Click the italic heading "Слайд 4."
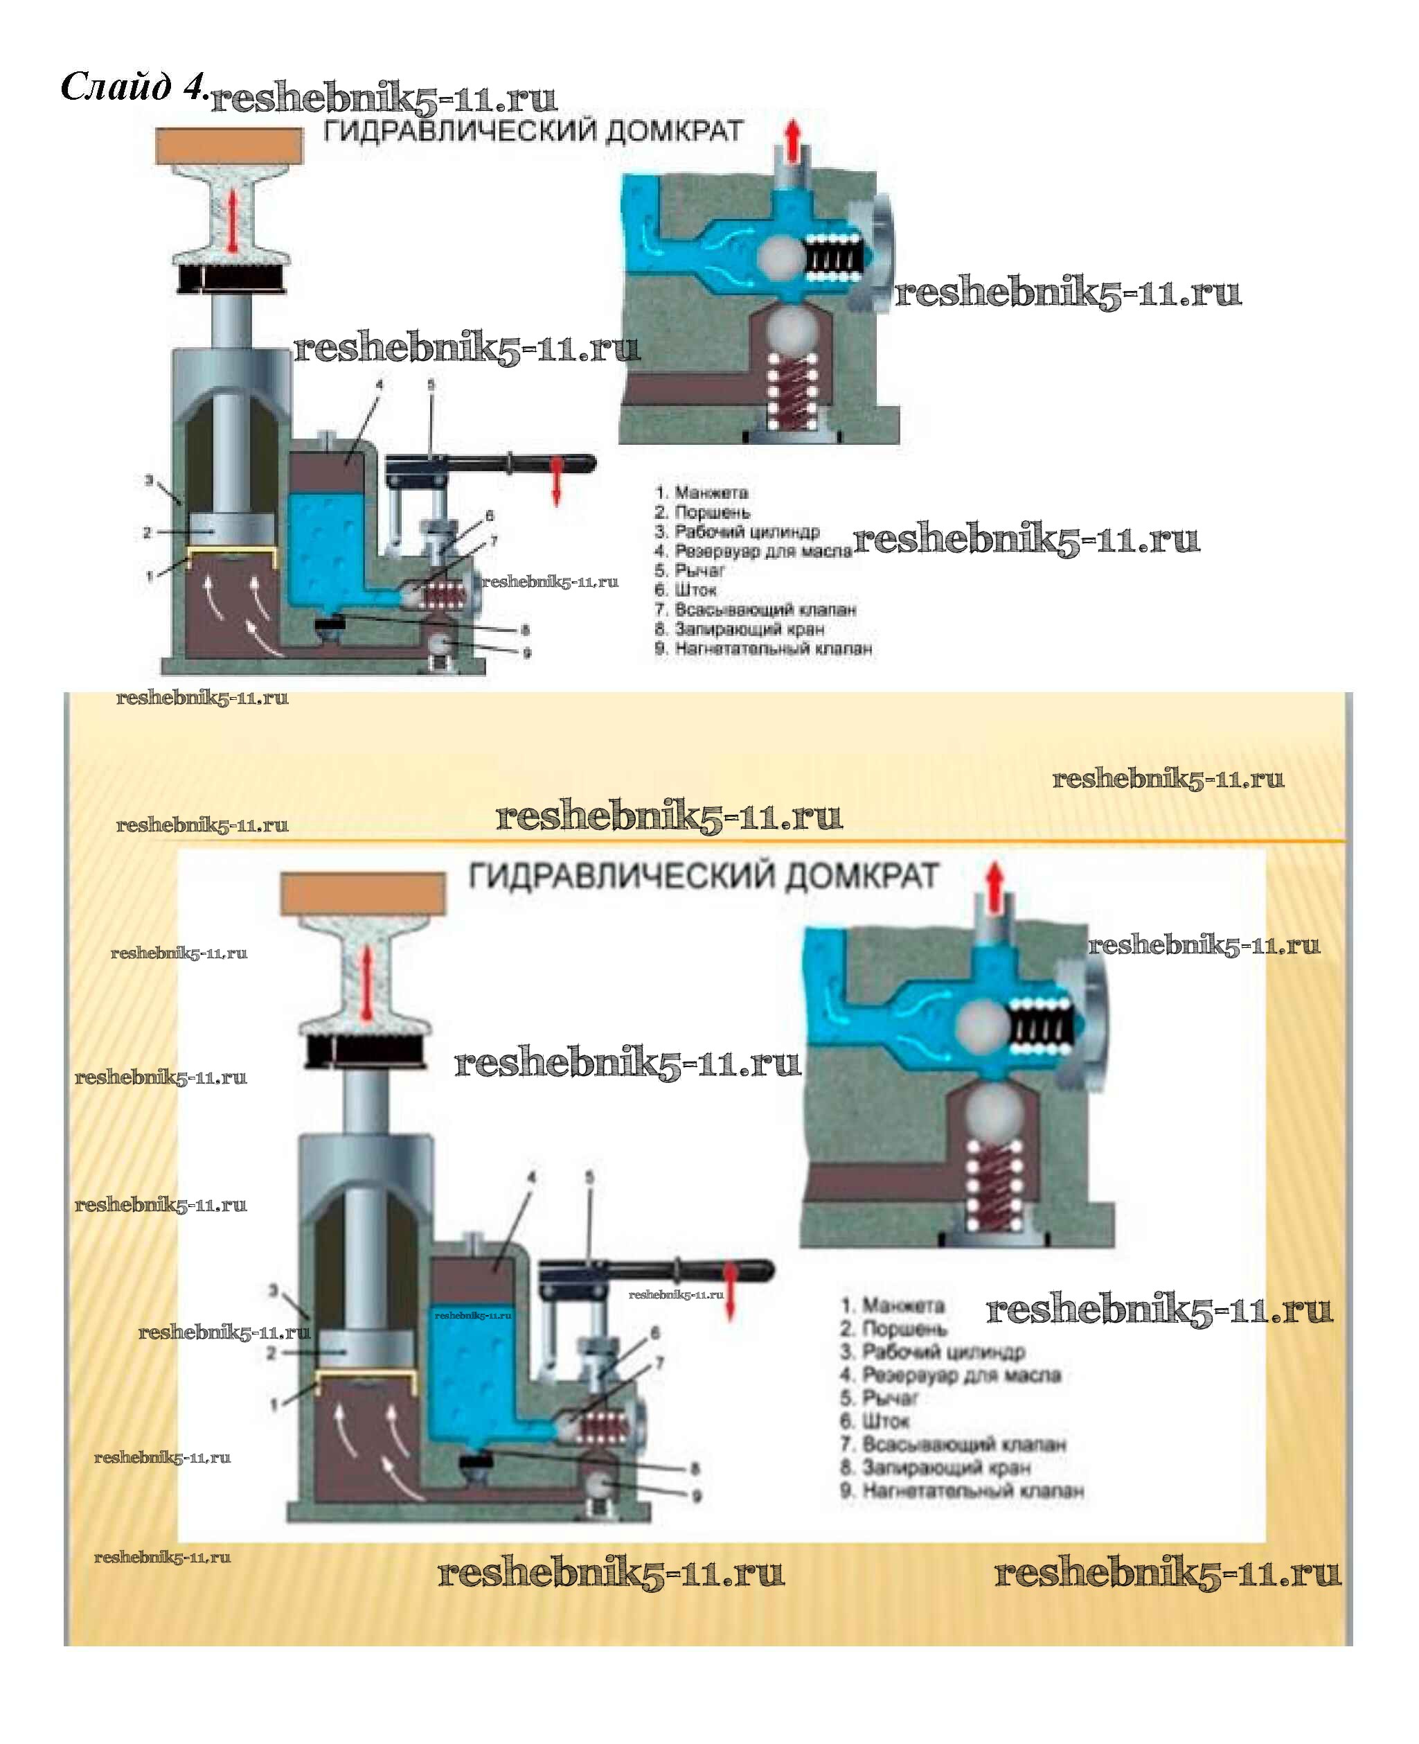click(133, 87)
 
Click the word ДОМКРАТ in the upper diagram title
click(674, 132)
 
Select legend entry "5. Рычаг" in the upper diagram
click(689, 570)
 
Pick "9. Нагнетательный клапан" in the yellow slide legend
click(961, 1490)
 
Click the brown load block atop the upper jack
click(229, 146)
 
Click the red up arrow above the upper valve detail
click(792, 141)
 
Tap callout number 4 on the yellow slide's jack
click(531, 1177)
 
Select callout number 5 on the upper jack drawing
click(431, 385)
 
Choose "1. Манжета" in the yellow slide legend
click(893, 1306)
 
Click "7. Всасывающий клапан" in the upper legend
click(756, 609)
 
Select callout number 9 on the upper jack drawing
click(526, 653)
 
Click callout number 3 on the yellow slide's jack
click(274, 1289)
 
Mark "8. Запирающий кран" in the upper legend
click(739, 628)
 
